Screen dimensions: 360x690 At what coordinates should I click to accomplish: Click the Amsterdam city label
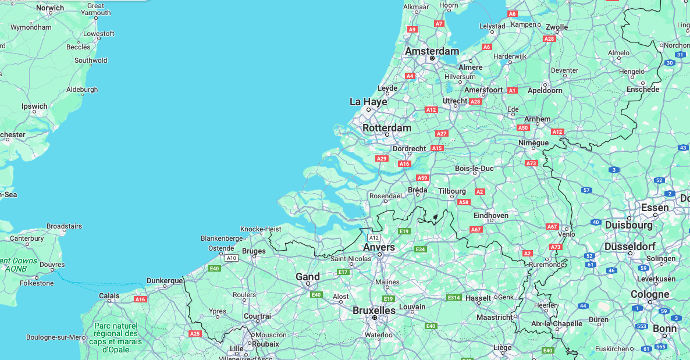(432, 51)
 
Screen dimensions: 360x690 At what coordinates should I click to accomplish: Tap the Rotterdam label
(387, 127)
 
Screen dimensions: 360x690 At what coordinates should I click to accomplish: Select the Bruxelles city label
(374, 310)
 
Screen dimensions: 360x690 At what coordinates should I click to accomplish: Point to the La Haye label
(368, 101)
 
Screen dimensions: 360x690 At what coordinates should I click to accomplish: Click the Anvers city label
(379, 247)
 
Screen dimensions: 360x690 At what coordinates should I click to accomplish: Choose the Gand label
(308, 276)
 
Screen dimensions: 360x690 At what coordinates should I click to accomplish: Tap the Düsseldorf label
(630, 245)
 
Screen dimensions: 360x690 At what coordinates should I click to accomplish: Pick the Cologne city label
(650, 294)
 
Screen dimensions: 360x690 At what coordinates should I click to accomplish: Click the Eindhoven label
(491, 215)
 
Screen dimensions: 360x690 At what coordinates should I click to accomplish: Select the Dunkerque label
(165, 280)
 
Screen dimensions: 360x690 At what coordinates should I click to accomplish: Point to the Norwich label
(50, 8)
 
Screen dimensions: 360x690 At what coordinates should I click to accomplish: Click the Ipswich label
(34, 106)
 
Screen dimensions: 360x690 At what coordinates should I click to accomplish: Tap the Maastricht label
(495, 317)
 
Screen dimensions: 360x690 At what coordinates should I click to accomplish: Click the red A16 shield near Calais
(140, 299)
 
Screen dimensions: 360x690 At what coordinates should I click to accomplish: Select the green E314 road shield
(454, 298)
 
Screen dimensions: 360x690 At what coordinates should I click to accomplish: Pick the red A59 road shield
(422, 178)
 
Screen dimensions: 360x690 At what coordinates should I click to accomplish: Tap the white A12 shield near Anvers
(374, 237)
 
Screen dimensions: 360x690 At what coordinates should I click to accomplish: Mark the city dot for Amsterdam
(432, 58)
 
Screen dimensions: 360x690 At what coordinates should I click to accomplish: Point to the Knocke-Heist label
(261, 229)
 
